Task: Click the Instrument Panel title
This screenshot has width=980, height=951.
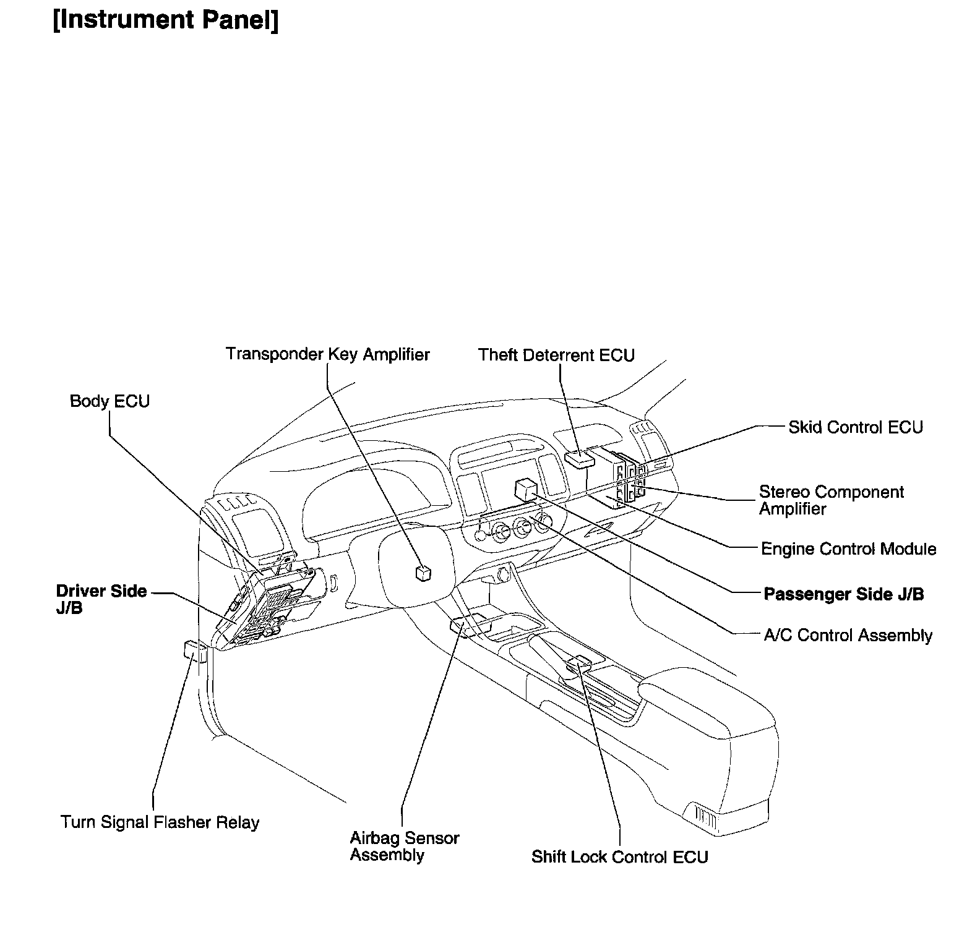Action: pyautogui.click(x=166, y=20)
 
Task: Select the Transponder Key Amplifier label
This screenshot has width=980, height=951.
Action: pyautogui.click(x=327, y=354)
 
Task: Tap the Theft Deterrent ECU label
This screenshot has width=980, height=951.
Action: pyautogui.click(x=556, y=356)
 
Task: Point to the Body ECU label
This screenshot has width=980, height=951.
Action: pyautogui.click(x=110, y=401)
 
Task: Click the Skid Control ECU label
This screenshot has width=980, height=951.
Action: pyautogui.click(x=855, y=427)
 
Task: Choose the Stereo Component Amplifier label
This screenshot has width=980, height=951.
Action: pyautogui.click(x=831, y=500)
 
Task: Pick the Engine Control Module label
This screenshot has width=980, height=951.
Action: pyautogui.click(x=848, y=549)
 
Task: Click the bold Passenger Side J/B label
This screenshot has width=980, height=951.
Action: pyautogui.click(x=843, y=594)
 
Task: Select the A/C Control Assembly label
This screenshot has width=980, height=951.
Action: pyautogui.click(x=848, y=636)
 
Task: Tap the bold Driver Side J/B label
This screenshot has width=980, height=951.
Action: pyautogui.click(x=101, y=599)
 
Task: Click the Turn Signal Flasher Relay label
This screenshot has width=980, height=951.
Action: pyautogui.click(x=160, y=822)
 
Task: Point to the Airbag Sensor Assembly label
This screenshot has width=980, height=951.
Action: pyautogui.click(x=404, y=847)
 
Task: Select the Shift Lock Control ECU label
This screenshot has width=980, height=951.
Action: pyautogui.click(x=619, y=857)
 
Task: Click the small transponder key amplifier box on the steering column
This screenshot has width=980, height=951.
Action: pyautogui.click(x=424, y=573)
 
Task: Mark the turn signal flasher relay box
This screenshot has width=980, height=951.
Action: pyautogui.click(x=195, y=652)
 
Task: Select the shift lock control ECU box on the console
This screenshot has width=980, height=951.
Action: pyautogui.click(x=580, y=662)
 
